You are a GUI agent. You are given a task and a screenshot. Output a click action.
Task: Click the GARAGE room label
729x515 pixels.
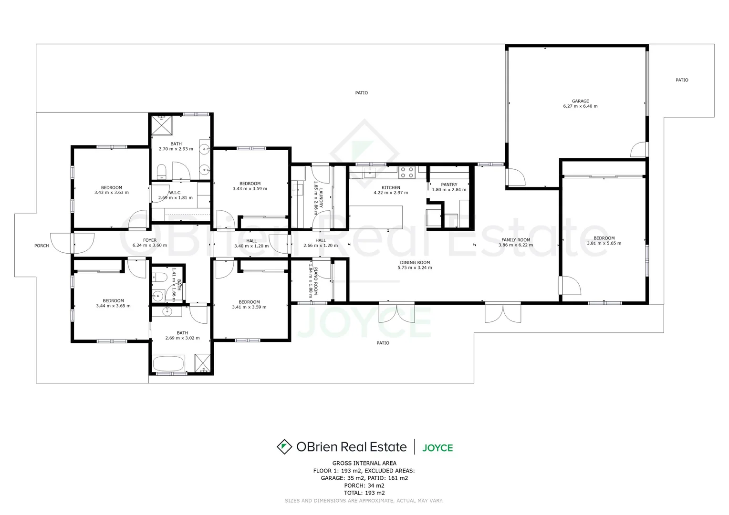580,101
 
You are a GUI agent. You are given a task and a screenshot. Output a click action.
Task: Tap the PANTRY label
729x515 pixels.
449,185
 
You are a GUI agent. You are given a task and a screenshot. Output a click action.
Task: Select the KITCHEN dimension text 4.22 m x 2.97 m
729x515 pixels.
391,193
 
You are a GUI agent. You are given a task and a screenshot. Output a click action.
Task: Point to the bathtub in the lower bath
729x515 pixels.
168,364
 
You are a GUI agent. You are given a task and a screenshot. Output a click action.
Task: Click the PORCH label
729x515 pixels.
42,246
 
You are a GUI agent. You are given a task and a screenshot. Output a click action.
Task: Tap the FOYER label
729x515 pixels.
150,240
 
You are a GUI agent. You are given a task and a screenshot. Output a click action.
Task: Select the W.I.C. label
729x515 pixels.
175,193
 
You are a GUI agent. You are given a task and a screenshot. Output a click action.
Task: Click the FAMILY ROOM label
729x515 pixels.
516,240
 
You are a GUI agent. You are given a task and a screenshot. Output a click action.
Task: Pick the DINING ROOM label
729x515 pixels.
415,262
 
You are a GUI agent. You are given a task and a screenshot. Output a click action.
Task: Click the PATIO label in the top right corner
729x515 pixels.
682,80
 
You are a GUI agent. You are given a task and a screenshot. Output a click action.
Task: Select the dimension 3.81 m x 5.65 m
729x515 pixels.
604,243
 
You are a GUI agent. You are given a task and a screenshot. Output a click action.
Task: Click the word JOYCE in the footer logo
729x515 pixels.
437,448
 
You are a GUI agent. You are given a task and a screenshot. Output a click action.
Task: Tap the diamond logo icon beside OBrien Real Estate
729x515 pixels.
284,447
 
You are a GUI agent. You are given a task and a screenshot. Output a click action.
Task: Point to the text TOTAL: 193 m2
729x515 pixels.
364,493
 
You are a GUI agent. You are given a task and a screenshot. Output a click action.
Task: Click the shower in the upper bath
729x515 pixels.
161,125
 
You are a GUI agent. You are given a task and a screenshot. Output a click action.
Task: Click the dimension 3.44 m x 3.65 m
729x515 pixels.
113,306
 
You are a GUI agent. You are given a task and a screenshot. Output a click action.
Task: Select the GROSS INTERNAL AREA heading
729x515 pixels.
364,463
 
